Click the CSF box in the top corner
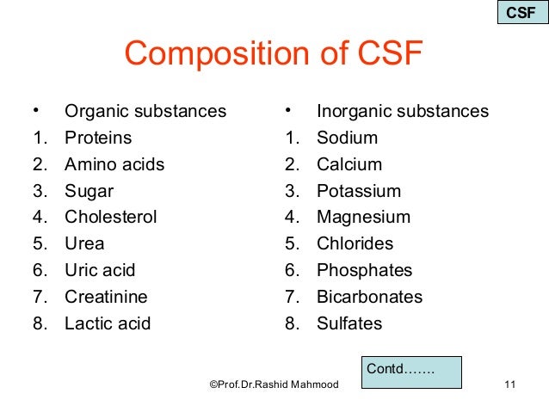pos(520,13)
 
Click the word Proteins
pos(98,138)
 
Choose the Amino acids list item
pos(114,164)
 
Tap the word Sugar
pos(89,191)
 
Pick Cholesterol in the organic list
pos(110,218)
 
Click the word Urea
pos(83,243)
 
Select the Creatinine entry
pos(106,297)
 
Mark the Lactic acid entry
pos(108,323)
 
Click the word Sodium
pos(347,138)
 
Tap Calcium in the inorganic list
pos(349,164)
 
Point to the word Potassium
pos(359,191)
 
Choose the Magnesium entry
pos(363,218)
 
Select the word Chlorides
pos(355,243)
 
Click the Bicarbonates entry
pos(369,297)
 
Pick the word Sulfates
pos(349,323)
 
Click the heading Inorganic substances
pos(402,111)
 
